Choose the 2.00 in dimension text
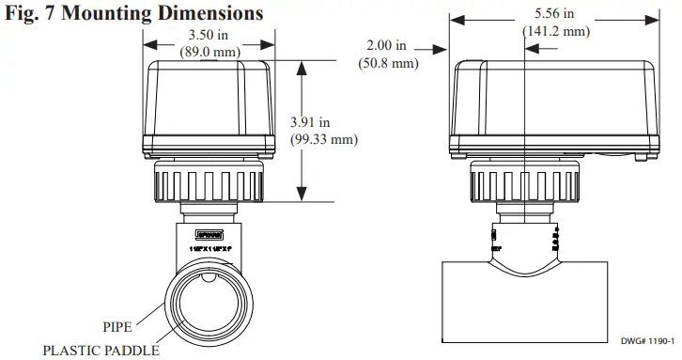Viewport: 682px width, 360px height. (387, 46)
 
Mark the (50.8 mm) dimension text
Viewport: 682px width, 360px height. (387, 63)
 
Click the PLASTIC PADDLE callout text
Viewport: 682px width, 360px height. (95, 350)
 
